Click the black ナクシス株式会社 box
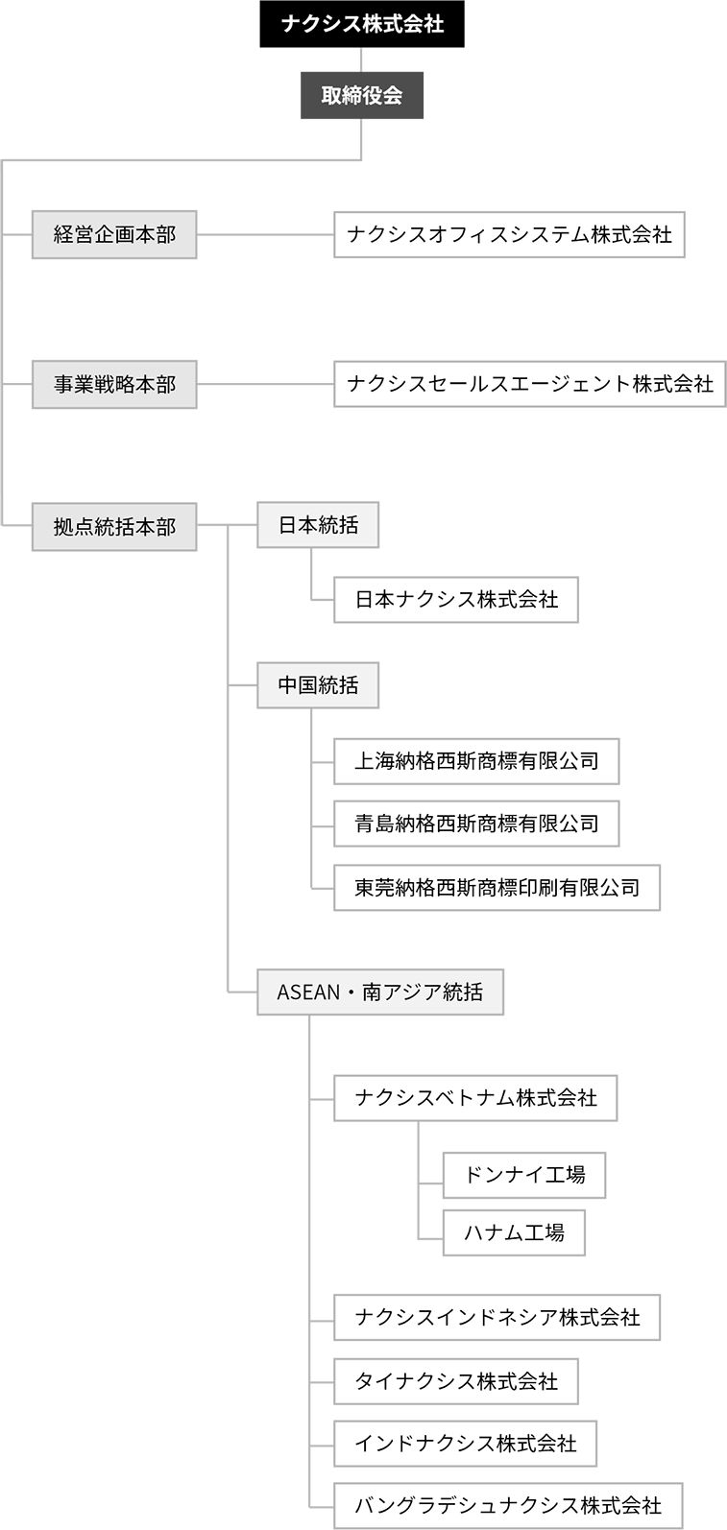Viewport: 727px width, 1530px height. (x=362, y=24)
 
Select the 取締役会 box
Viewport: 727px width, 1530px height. (x=362, y=95)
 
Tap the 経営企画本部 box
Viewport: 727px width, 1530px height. (x=114, y=235)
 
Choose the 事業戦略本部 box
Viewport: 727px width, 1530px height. (x=114, y=385)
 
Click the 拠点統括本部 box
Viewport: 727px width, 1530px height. (x=114, y=527)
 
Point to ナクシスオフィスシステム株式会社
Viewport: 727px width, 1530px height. (x=509, y=235)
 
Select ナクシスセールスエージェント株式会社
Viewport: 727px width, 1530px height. (x=529, y=384)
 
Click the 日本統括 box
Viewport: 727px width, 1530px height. (x=318, y=525)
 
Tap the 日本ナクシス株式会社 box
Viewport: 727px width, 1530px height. (x=456, y=600)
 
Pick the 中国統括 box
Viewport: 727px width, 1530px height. (x=318, y=685)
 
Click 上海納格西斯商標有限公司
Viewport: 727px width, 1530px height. (x=476, y=761)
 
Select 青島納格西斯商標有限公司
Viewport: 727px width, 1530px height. (x=476, y=824)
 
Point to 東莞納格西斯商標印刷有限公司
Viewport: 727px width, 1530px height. (x=497, y=887)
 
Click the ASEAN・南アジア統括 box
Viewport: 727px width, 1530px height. (x=380, y=992)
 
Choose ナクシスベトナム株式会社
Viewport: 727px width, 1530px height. (x=475, y=1098)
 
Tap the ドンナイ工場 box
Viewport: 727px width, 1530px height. (x=524, y=1175)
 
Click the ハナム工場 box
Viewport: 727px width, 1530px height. (x=514, y=1232)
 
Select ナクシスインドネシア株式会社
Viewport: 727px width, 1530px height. (x=497, y=1317)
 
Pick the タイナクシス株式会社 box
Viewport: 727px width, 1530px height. (x=456, y=1381)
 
